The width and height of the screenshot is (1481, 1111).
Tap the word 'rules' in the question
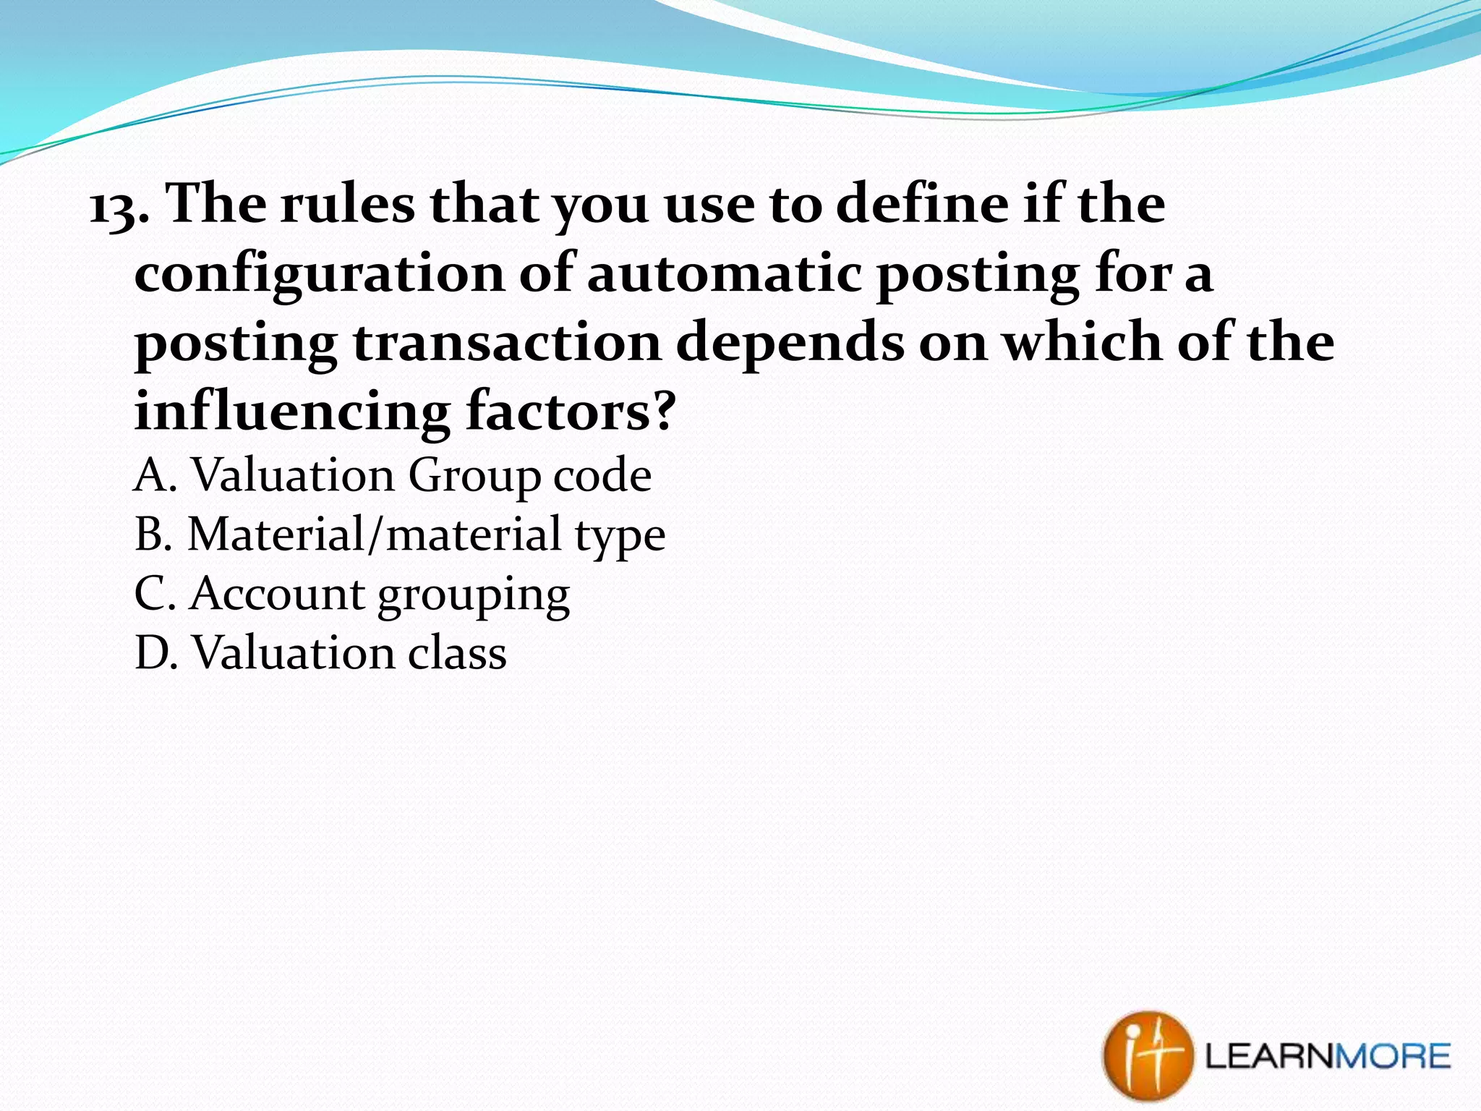[x=347, y=205]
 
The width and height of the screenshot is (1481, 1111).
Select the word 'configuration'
[x=319, y=276]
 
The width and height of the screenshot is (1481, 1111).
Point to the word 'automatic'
[x=724, y=274]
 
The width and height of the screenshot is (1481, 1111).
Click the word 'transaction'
[x=507, y=343]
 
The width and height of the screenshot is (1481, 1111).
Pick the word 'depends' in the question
[x=789, y=343]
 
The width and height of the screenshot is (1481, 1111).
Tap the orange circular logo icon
[x=1146, y=1055]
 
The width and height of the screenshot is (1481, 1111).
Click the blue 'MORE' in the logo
[x=1392, y=1057]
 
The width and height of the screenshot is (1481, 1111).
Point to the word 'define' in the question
[x=921, y=205]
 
